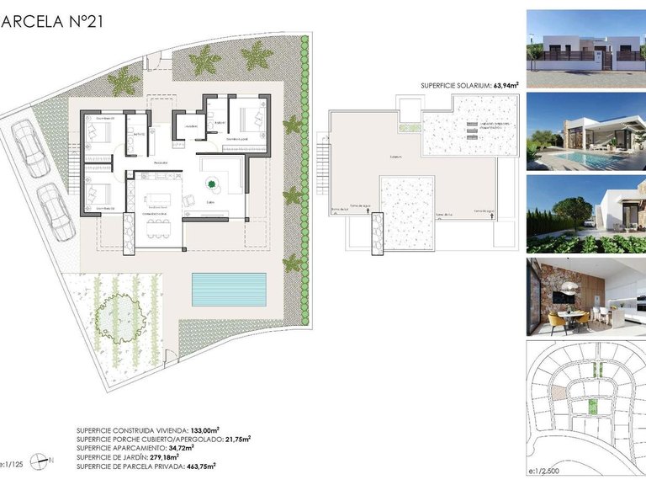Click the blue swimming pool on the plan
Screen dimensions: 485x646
coord(228,289)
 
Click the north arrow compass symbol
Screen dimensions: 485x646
coord(39,461)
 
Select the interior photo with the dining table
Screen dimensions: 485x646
coord(586,295)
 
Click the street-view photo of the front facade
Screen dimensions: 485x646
coord(586,49)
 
